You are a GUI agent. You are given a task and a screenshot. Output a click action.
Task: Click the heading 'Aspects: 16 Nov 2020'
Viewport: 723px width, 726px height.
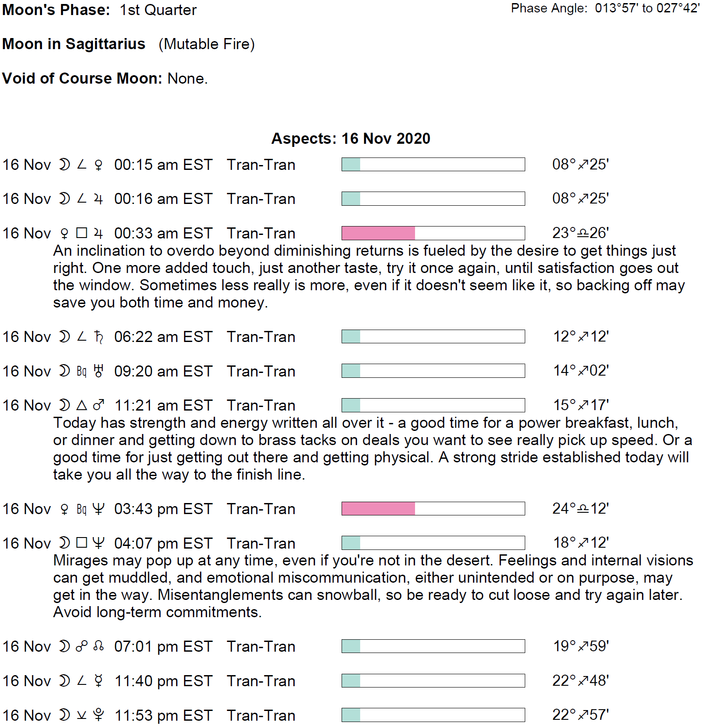coord(350,138)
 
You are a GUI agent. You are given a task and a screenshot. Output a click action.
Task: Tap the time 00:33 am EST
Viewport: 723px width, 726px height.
coord(163,233)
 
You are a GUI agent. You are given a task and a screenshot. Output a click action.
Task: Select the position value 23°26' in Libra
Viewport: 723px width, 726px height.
coord(580,233)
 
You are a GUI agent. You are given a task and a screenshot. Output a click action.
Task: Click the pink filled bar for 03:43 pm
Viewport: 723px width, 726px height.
coord(378,509)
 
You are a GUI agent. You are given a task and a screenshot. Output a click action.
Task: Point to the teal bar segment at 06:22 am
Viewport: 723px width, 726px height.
coord(351,337)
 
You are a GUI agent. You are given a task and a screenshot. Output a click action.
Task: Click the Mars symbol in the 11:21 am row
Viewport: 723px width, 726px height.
coord(99,405)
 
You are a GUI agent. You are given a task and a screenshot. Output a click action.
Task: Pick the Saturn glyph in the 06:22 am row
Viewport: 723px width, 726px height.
coord(99,337)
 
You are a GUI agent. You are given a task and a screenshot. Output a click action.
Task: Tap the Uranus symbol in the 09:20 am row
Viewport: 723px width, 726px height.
coord(99,371)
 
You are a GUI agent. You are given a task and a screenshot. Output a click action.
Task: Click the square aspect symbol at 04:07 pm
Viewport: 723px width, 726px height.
coord(82,543)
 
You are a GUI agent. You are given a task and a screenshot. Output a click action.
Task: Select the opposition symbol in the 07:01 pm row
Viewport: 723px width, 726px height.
coord(82,646)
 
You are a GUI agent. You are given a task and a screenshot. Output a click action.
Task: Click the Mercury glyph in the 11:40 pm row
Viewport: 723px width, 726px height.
coord(99,681)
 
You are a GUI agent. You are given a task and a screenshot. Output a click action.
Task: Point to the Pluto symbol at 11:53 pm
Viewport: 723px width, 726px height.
coord(99,715)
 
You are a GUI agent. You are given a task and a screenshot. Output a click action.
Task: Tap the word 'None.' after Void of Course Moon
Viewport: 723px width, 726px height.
coord(188,78)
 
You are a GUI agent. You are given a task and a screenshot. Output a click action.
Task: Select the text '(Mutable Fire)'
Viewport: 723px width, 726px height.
coord(207,44)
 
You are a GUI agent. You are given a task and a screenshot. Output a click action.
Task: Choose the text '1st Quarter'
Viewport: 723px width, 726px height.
coord(158,10)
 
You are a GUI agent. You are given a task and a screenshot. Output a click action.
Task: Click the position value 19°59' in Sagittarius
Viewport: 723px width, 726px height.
coord(581,646)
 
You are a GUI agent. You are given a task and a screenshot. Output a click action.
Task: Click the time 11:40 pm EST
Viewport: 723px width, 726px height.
coord(163,681)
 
